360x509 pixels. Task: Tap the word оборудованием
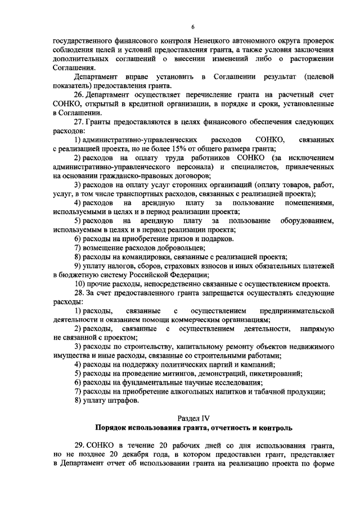pos(309,220)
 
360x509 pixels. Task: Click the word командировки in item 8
pos(137,256)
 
